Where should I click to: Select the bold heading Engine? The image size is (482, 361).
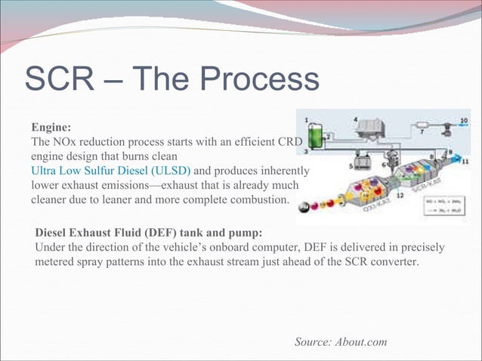pyautogui.click(x=51, y=128)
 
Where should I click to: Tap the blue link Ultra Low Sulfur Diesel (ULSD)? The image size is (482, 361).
pyautogui.click(x=110, y=171)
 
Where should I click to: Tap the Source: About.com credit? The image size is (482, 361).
pyautogui.click(x=341, y=342)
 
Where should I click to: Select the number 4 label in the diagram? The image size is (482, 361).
pyautogui.click(x=356, y=119)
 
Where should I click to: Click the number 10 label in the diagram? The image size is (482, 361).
pyautogui.click(x=464, y=120)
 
